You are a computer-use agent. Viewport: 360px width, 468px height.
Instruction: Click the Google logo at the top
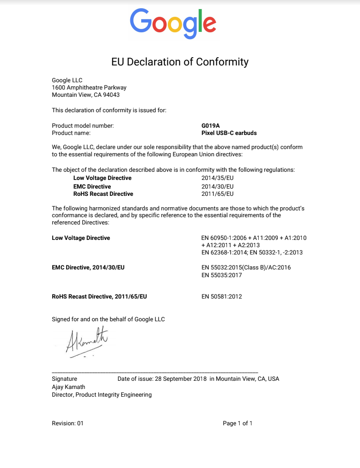[x=173, y=23]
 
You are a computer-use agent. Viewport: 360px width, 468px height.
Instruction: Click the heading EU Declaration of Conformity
[x=180, y=62]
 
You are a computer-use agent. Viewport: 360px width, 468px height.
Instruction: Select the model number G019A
[x=210, y=125]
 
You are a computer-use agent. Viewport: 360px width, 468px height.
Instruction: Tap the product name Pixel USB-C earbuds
[x=229, y=133]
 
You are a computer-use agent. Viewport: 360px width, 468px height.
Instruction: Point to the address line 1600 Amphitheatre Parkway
[x=89, y=88]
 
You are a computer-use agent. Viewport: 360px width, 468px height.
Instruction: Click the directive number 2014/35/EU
[x=217, y=178]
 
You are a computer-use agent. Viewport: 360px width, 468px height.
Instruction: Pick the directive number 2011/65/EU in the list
[x=217, y=194]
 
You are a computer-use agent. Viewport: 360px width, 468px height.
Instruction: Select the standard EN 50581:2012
[x=222, y=297]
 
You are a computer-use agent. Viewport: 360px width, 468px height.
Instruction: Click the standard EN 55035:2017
[x=222, y=275]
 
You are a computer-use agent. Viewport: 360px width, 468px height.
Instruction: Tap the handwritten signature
[x=87, y=340]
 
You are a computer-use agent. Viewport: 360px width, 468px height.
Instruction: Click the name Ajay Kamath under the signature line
[x=69, y=387]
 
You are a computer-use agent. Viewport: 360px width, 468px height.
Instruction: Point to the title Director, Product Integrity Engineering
[x=102, y=395]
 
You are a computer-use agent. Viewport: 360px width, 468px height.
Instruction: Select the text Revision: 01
[x=68, y=423]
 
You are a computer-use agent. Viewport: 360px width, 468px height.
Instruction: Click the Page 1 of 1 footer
[x=237, y=423]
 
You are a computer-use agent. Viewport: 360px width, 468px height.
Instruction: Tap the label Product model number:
[x=83, y=125]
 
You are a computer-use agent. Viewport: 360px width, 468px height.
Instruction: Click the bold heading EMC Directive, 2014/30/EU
[x=88, y=268]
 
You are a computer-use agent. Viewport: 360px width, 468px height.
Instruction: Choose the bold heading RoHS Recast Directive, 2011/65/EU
[x=99, y=297]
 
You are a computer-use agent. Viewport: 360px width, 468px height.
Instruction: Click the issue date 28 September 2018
[x=181, y=379]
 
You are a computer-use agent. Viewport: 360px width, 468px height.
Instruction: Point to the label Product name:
[x=71, y=133]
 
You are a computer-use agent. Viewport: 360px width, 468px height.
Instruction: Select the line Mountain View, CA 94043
[x=86, y=95]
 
